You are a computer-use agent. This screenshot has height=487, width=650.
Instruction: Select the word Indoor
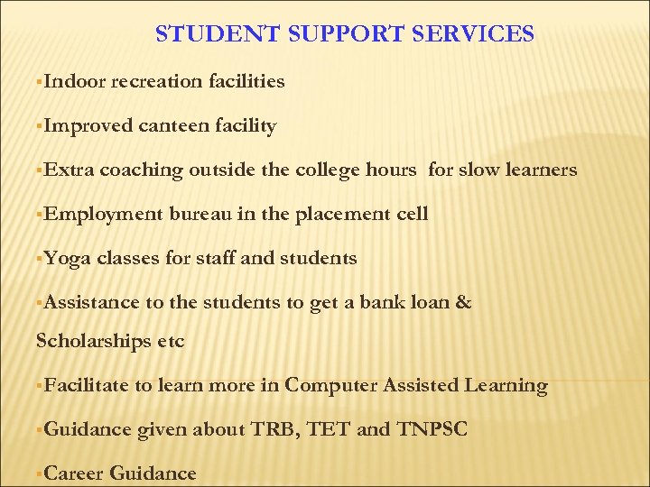[74, 81]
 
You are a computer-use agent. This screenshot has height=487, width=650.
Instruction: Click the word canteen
[174, 125]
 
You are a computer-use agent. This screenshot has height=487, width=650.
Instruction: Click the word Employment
[103, 214]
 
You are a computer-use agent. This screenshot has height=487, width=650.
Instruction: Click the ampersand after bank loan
[464, 302]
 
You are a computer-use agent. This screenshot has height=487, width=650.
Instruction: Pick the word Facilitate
[86, 385]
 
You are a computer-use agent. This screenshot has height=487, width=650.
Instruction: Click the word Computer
[330, 385]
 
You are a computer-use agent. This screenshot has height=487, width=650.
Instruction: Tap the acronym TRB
[272, 429]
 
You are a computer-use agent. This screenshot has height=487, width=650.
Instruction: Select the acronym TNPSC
[432, 429]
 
